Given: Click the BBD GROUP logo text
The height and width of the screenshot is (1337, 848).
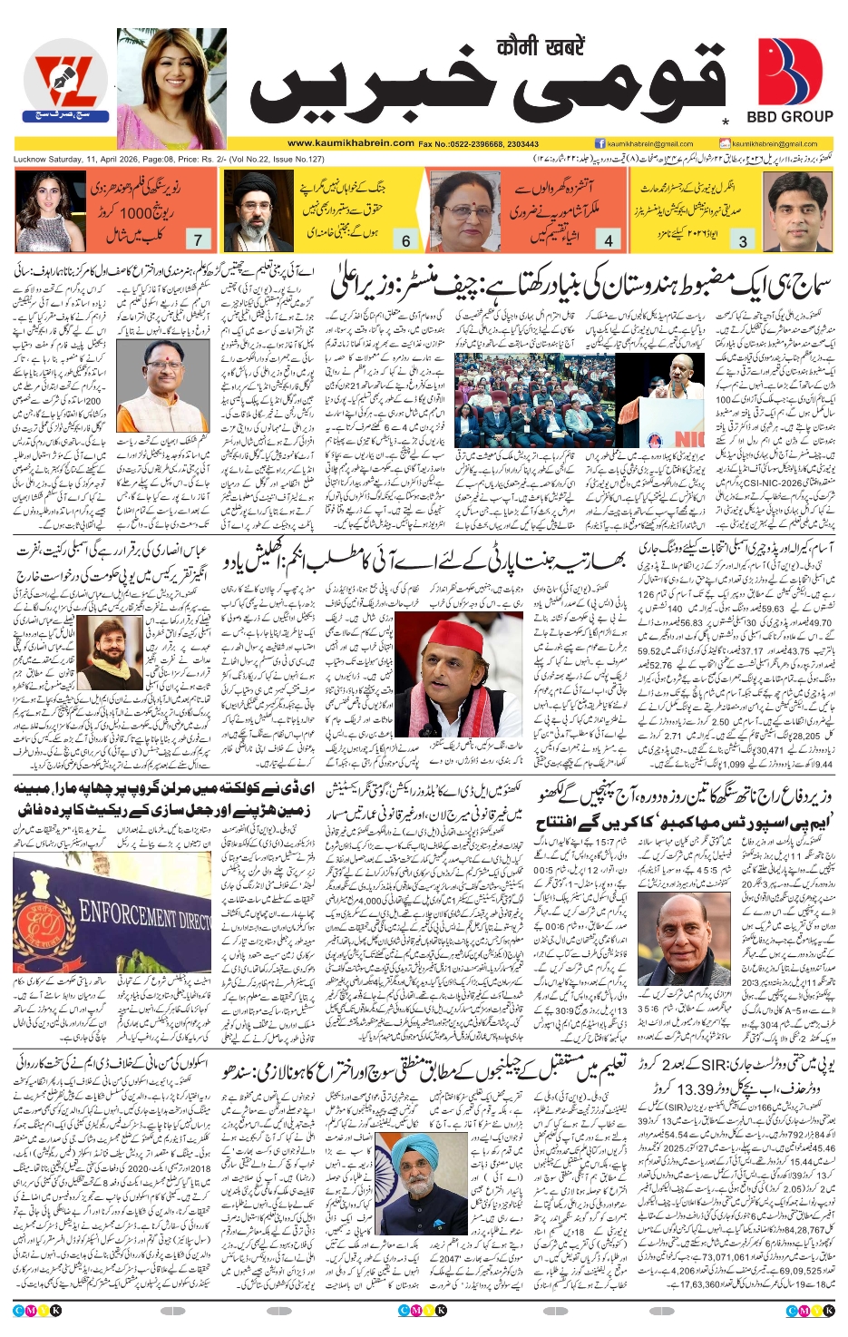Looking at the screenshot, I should (x=789, y=117).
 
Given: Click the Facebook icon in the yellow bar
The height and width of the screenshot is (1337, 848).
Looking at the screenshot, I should (x=599, y=143).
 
